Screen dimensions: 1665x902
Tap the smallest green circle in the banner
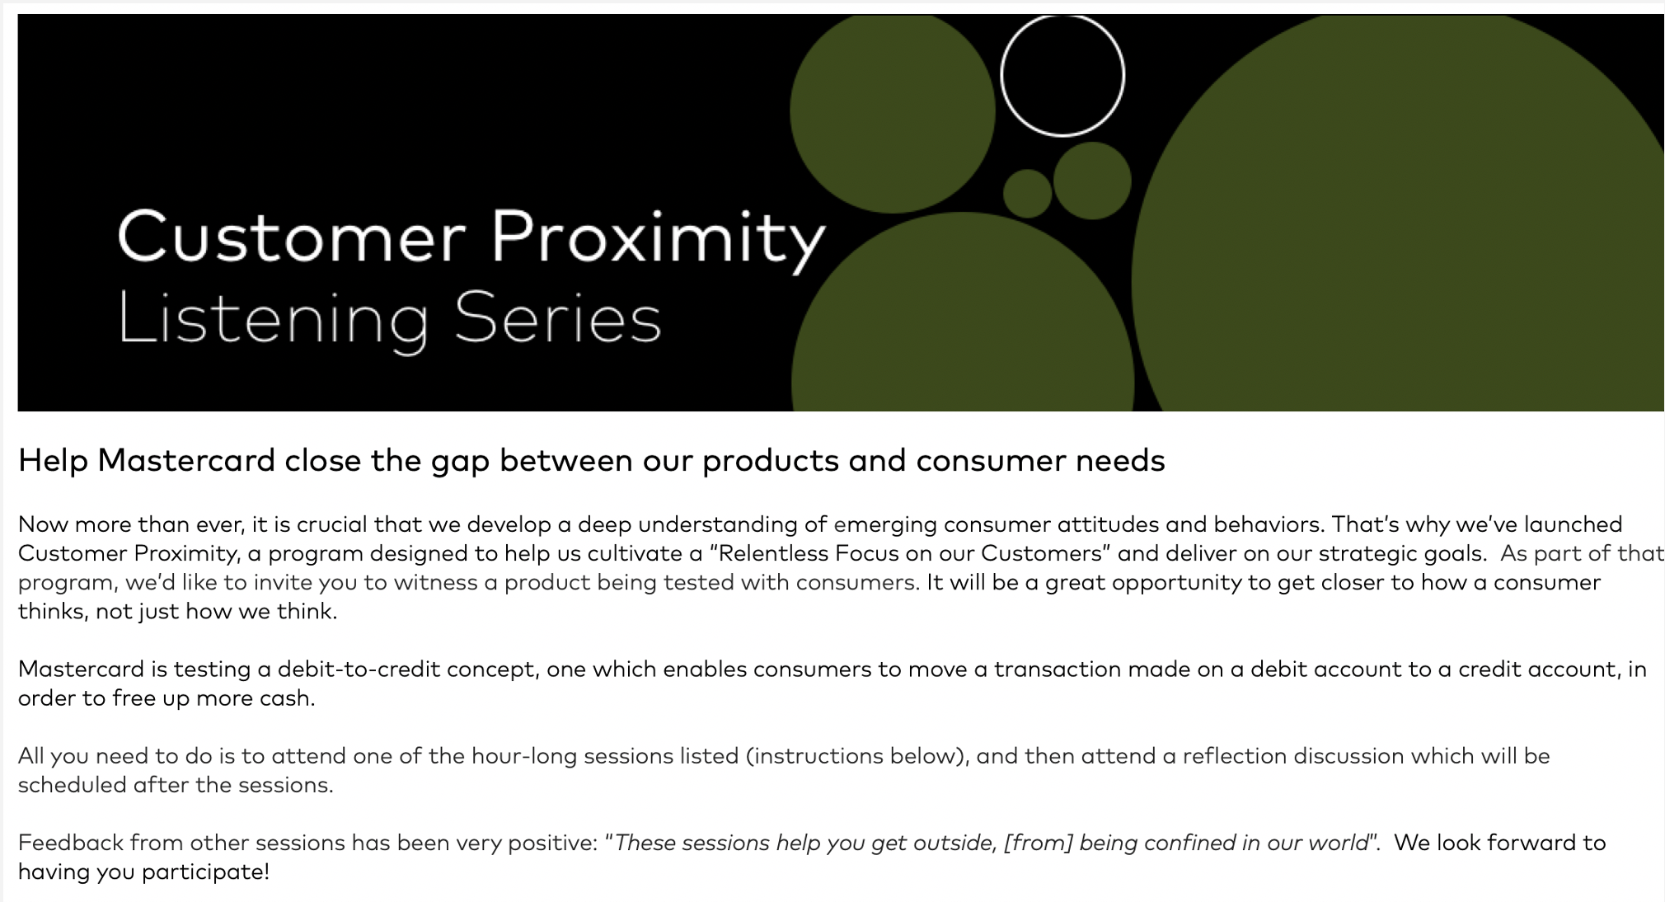click(1027, 193)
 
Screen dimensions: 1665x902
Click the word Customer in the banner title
click(292, 237)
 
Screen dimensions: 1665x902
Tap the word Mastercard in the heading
click(186, 460)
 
